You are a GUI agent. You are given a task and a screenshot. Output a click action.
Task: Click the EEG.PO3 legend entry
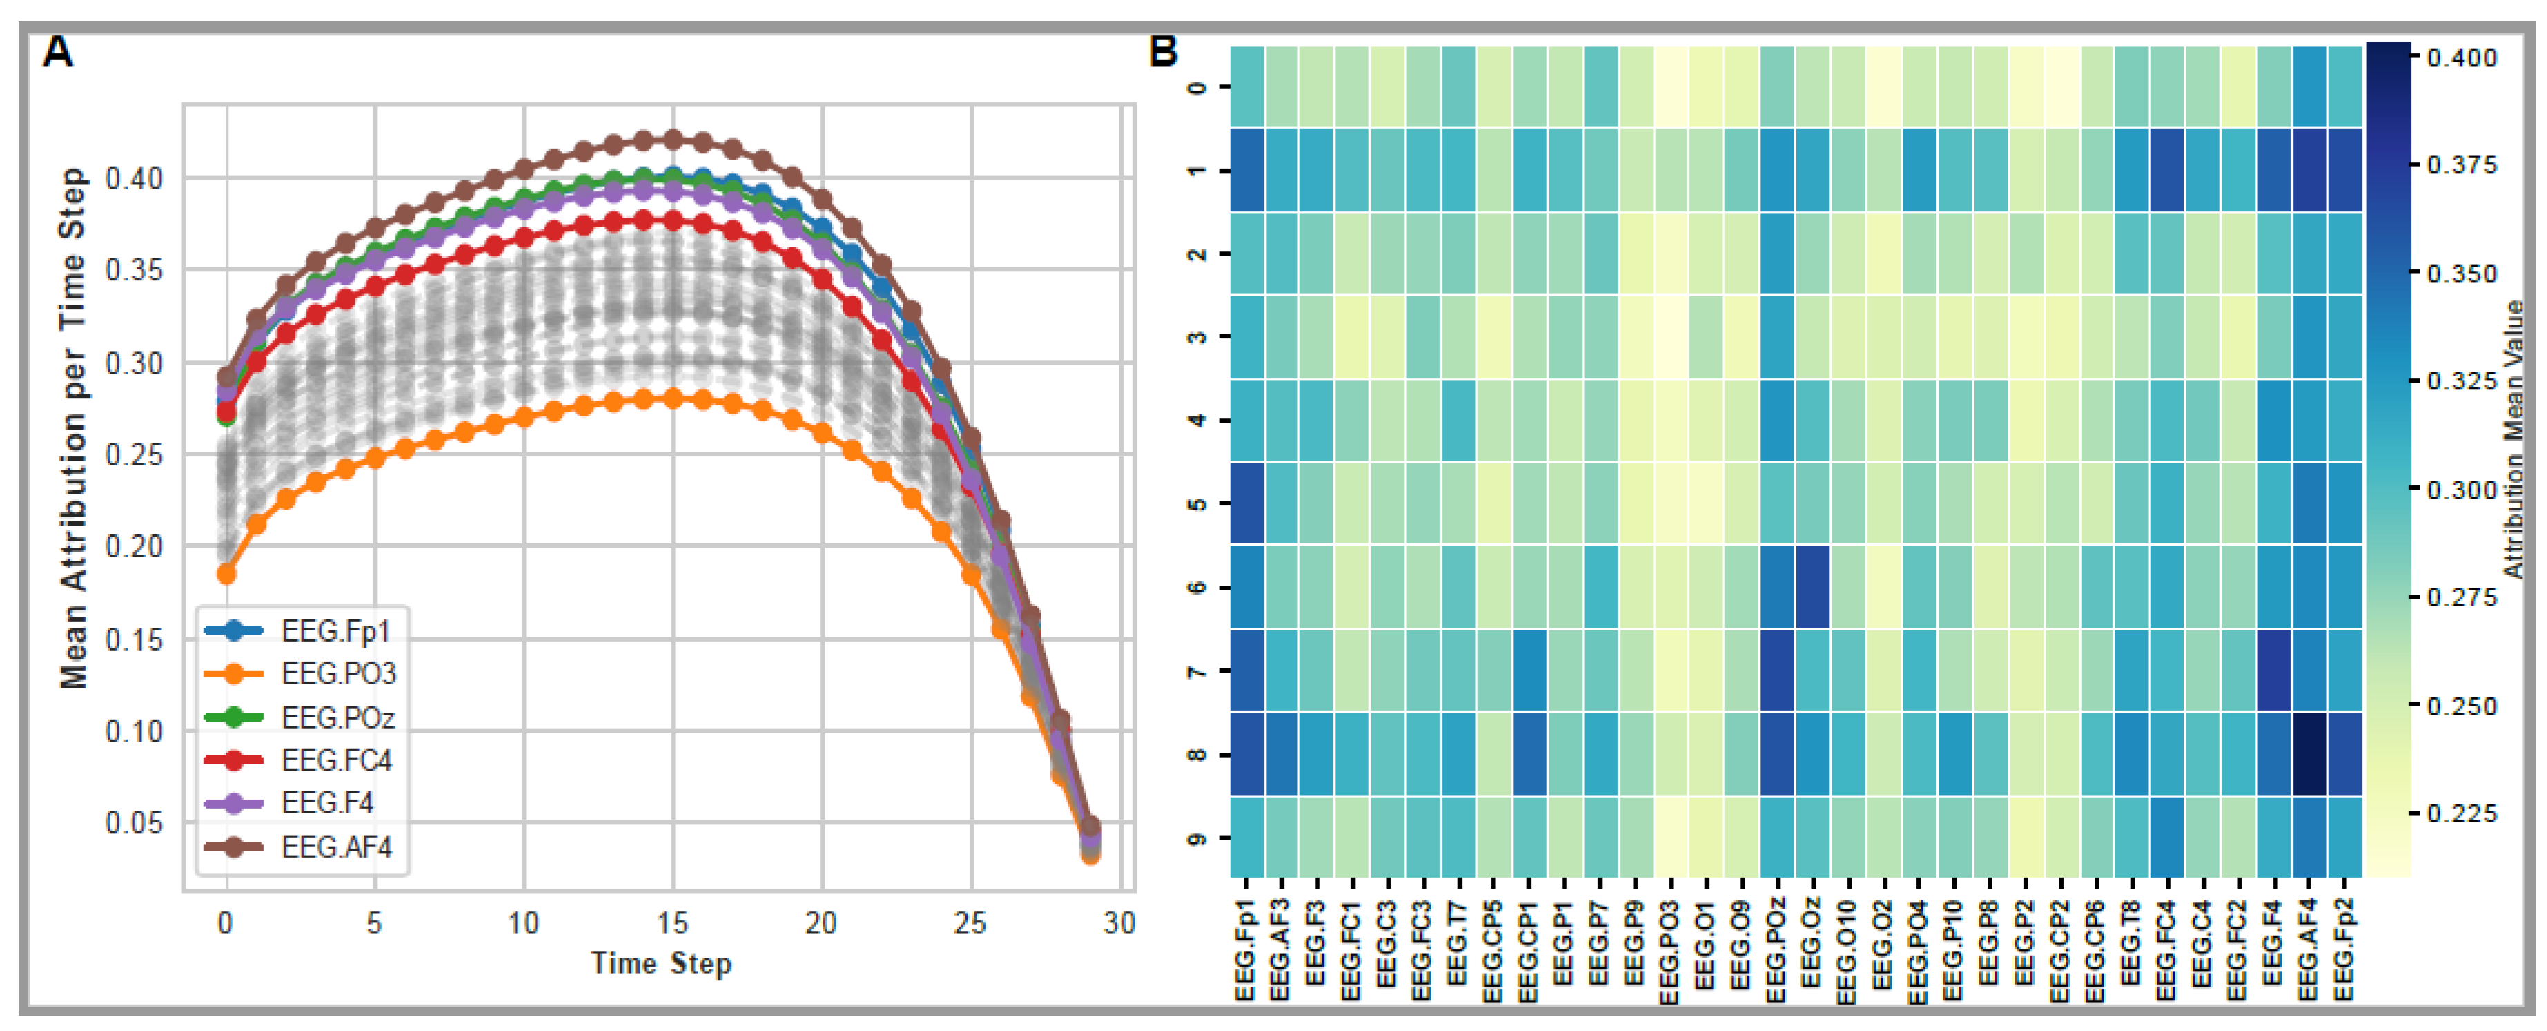coord(337,673)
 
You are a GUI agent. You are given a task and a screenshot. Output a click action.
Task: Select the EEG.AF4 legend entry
coord(336,847)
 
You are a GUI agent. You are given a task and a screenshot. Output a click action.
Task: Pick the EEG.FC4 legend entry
coord(336,760)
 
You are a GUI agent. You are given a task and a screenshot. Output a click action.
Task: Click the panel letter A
coord(57,51)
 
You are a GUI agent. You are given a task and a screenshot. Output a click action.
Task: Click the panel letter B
coord(1163,51)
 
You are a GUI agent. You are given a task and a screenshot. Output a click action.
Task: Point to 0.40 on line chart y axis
coord(133,179)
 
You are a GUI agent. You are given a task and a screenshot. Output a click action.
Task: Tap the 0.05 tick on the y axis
coord(133,822)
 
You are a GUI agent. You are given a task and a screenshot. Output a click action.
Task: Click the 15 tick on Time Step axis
coord(673,923)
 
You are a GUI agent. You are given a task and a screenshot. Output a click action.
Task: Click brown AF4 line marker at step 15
coord(673,139)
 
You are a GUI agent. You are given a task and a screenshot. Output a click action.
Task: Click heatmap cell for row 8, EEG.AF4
coord(2309,754)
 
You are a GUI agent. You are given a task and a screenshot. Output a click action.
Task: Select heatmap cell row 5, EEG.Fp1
coord(1247,504)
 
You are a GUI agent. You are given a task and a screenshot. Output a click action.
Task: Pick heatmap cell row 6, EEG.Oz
coord(1812,587)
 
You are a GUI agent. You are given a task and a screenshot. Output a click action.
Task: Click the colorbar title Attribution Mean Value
coord(2515,440)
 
